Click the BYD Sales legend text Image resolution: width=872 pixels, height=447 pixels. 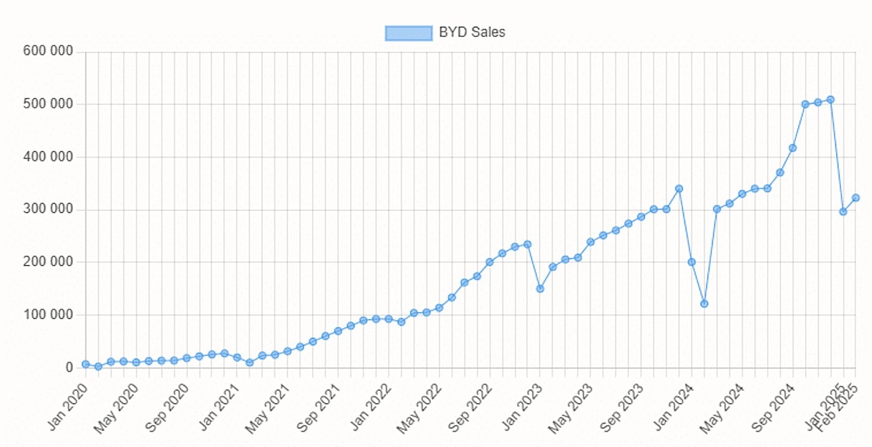tap(472, 32)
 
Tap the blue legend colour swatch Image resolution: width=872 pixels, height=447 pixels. tap(409, 33)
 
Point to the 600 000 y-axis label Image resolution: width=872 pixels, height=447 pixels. tap(47, 51)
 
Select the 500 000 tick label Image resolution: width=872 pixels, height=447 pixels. tap(47, 104)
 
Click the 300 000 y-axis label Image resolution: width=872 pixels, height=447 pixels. tap(47, 209)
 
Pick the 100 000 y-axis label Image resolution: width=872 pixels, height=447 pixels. tap(47, 315)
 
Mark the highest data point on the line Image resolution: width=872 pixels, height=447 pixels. tap(830, 100)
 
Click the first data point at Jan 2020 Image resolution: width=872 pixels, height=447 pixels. tap(85, 364)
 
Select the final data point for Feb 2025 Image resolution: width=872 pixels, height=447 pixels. tap(856, 198)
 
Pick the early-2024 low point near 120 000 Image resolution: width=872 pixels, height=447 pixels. tap(704, 304)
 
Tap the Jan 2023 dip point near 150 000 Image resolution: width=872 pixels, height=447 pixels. tap(540, 289)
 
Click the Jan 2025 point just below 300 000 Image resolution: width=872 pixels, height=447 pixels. tap(843, 212)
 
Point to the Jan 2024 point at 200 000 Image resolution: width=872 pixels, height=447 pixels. tap(691, 262)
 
